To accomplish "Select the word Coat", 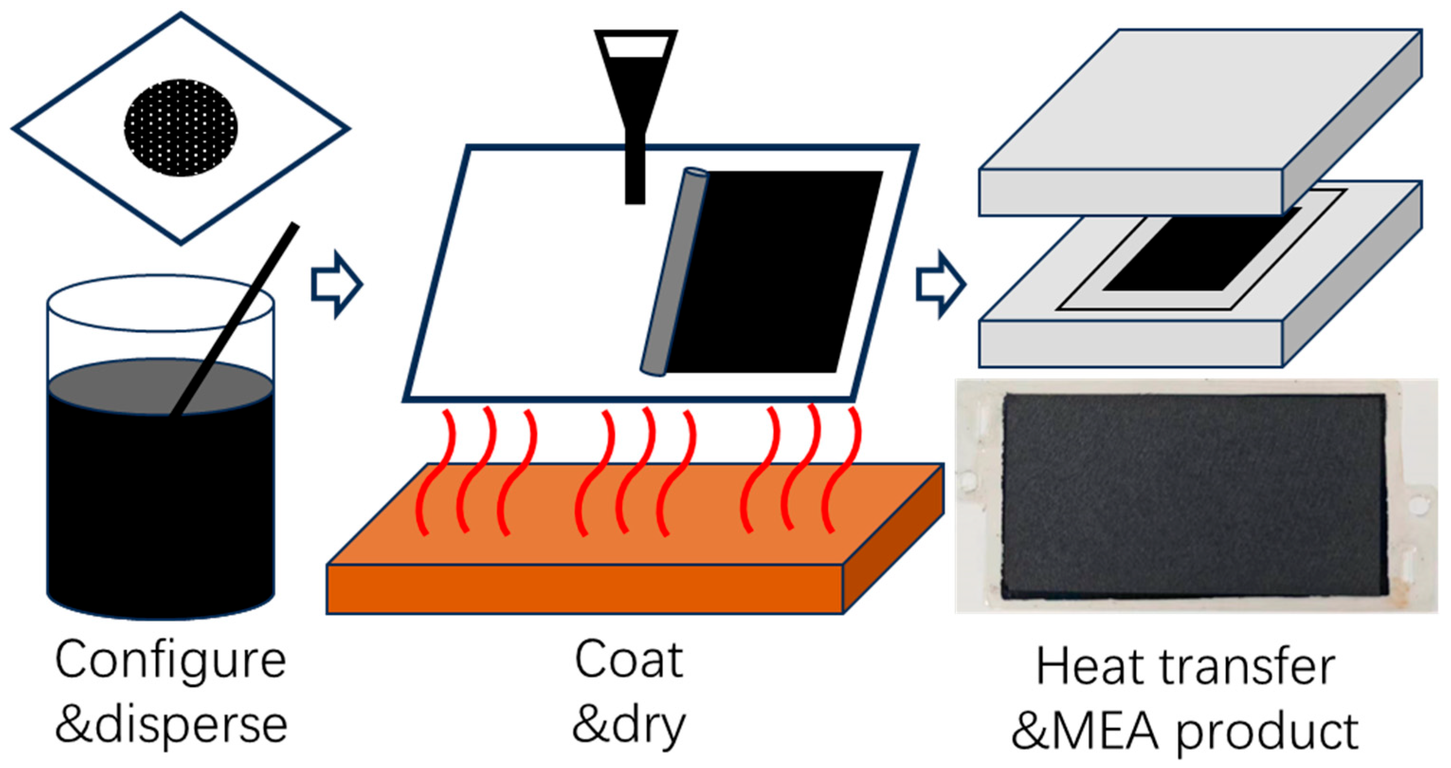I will click(x=629, y=660).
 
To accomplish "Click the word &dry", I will click(x=629, y=727).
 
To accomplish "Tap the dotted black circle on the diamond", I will click(x=181, y=127).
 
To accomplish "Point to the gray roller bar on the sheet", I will click(x=674, y=271).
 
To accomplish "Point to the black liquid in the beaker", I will click(x=161, y=507).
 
